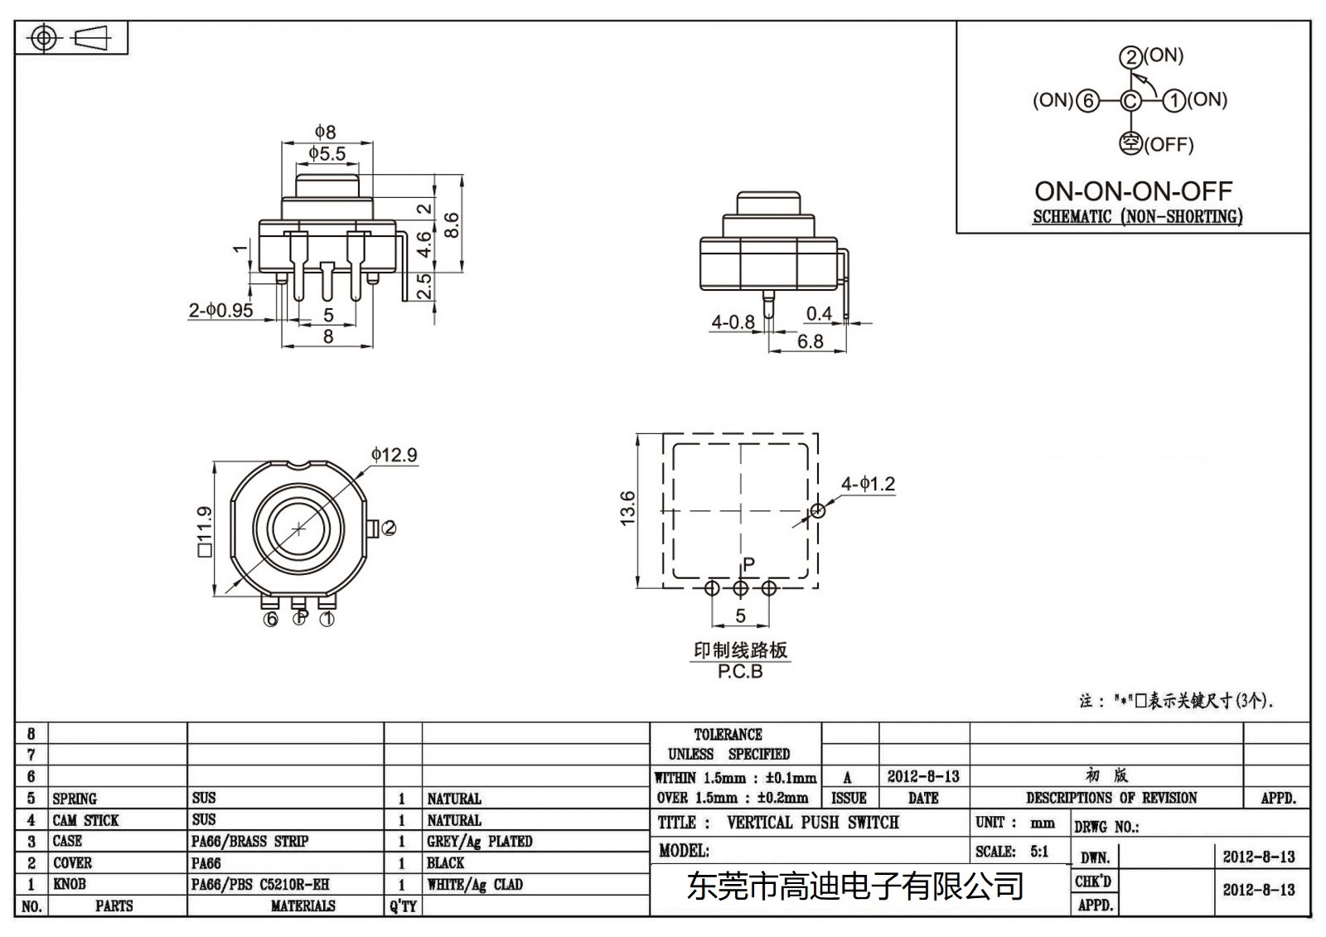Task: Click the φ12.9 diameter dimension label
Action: [394, 455]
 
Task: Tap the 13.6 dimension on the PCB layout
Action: [627, 508]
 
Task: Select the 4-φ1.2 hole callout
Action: [868, 484]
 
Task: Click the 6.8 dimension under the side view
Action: [810, 341]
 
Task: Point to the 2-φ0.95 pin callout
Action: [220, 311]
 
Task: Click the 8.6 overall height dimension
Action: [452, 225]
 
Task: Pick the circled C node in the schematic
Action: [1130, 101]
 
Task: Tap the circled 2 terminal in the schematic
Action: [1130, 57]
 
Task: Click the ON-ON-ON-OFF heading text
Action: [1133, 191]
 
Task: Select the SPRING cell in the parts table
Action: [75, 799]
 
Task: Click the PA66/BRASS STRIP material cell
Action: [249, 841]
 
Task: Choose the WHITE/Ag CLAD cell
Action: [475, 884]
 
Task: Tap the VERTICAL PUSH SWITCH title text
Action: [812, 823]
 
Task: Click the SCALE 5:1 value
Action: [1039, 851]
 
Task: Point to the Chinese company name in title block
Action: [855, 887]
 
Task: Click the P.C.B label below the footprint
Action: [740, 672]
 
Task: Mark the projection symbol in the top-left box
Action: [70, 38]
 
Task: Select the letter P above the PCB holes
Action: [748, 564]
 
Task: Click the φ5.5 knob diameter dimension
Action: [327, 154]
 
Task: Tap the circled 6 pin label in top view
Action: [270, 619]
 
